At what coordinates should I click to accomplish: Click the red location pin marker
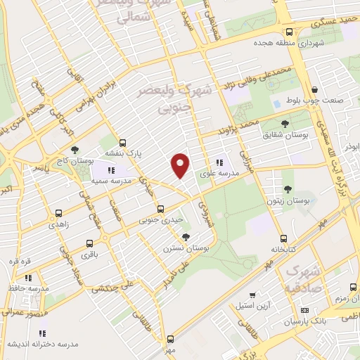click(181, 165)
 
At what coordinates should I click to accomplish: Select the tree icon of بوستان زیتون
click(288, 188)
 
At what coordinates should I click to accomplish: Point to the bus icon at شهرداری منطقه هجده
click(290, 32)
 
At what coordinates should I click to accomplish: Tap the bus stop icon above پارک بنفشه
click(122, 141)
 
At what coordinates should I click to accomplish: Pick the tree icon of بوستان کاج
click(74, 149)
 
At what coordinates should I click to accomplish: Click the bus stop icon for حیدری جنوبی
click(161, 209)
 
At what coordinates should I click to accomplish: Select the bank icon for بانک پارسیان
click(304, 310)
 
